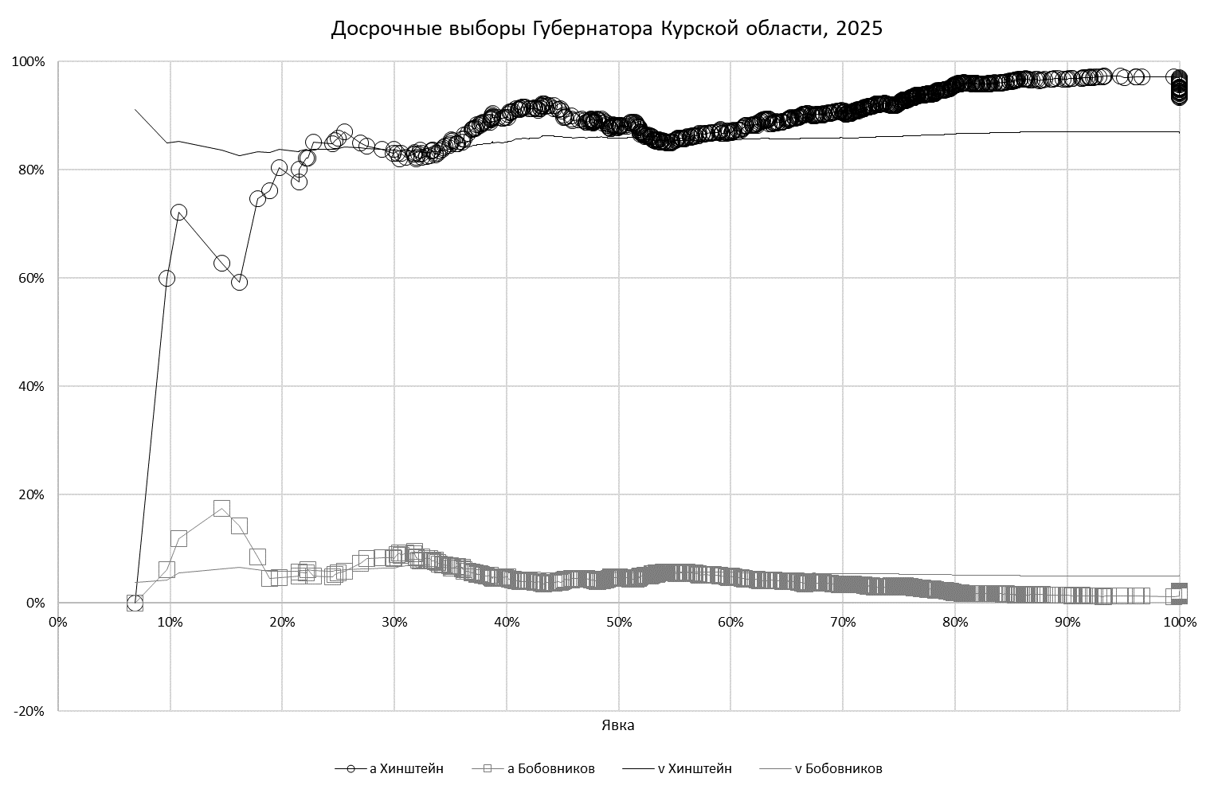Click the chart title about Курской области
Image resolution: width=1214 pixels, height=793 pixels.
coord(606,29)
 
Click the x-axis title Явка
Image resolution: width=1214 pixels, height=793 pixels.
coord(618,725)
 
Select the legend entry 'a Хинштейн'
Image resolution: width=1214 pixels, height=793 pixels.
coord(390,768)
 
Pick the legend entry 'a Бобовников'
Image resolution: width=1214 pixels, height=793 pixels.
coord(534,768)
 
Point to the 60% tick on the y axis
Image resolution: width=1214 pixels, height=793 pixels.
coord(33,278)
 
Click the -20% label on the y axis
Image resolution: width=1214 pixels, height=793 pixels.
coord(31,711)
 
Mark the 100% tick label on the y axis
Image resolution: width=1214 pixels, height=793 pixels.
coord(29,61)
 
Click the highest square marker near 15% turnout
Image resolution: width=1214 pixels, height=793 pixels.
coord(221,509)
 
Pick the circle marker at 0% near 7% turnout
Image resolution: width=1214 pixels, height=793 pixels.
coord(135,603)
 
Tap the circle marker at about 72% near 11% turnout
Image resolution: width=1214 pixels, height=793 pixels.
coord(178,213)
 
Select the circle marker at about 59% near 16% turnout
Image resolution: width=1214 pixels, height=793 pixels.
coord(239,282)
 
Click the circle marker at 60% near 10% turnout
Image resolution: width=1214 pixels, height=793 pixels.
coord(166,278)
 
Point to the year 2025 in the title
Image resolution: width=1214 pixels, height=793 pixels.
coord(859,29)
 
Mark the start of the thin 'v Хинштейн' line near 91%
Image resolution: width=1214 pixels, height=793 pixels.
coord(135,109)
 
